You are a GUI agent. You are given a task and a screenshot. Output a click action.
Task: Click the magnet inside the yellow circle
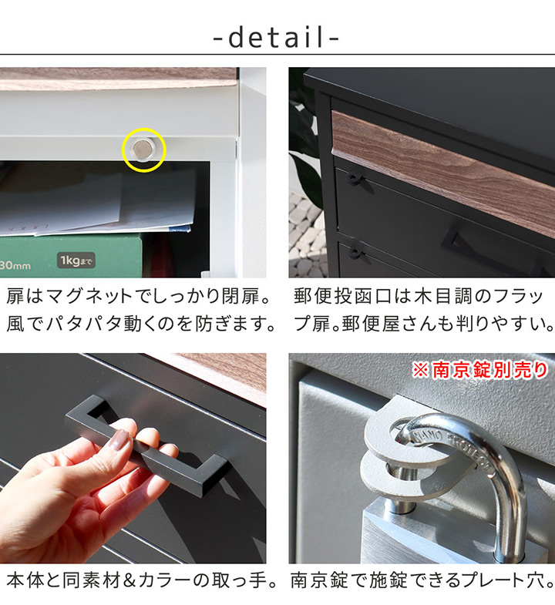tap(143, 149)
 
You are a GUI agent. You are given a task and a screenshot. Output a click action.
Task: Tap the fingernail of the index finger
tap(120, 440)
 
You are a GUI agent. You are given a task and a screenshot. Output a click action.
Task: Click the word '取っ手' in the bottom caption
tap(244, 580)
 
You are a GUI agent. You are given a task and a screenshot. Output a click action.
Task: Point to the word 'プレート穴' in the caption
tap(505, 580)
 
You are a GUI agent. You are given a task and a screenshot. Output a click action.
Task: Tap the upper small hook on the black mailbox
tap(355, 179)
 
